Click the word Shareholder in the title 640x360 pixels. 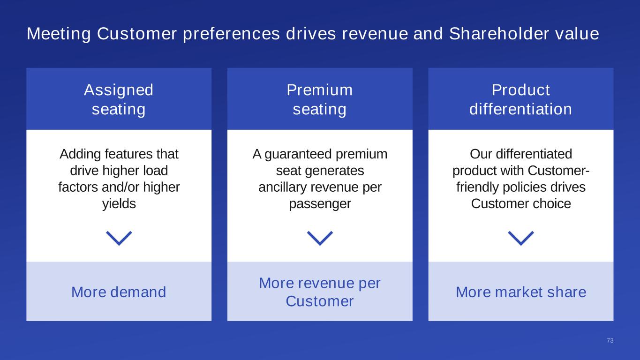pyautogui.click(x=499, y=34)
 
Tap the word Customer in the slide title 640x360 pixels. pyautogui.click(x=137, y=34)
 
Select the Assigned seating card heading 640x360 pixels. pyautogui.click(x=119, y=99)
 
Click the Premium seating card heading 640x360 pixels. pyautogui.click(x=320, y=99)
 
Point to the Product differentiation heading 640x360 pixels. pyautogui.click(x=520, y=99)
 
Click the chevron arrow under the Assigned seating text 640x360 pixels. pyautogui.click(x=119, y=238)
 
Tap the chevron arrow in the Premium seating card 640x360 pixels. pyautogui.click(x=320, y=238)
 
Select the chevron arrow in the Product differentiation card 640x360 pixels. pyautogui.click(x=520, y=238)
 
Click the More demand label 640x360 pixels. pyautogui.click(x=119, y=292)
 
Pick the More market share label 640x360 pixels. pyautogui.click(x=521, y=292)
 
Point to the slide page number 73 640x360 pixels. pyautogui.click(x=610, y=340)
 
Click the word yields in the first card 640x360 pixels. pyautogui.click(x=119, y=204)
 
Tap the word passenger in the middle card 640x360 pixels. pyautogui.click(x=320, y=204)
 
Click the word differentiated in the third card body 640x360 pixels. pyautogui.click(x=534, y=154)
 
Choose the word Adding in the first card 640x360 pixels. pyautogui.click(x=80, y=155)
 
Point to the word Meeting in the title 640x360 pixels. pyautogui.click(x=59, y=34)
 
